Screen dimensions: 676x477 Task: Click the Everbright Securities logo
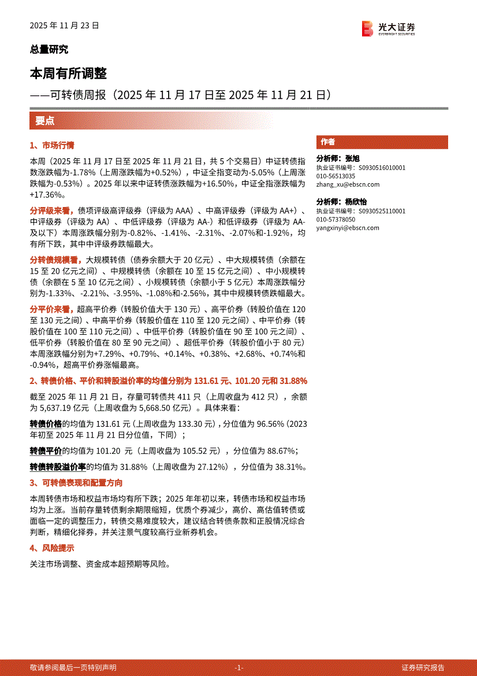tap(388, 28)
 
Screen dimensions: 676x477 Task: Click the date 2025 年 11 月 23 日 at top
tap(65, 26)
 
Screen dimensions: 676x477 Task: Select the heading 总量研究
tap(49, 50)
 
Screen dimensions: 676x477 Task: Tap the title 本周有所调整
tap(68, 74)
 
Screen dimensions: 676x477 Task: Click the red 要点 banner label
tap(45, 121)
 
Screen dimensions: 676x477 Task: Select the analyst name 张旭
tap(352, 158)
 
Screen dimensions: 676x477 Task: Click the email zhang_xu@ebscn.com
tap(348, 184)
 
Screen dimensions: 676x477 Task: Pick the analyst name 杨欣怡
tap(356, 202)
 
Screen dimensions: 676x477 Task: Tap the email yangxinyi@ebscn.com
tap(348, 228)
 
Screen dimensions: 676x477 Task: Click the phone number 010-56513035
tap(336, 176)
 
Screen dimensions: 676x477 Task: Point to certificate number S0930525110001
tap(382, 211)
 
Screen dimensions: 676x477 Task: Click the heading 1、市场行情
tap(52, 146)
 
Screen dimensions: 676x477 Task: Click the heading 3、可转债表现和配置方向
tap(76, 483)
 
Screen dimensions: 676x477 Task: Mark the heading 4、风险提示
tap(52, 548)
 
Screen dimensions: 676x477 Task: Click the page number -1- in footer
tap(238, 667)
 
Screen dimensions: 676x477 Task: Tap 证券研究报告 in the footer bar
tap(424, 667)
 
